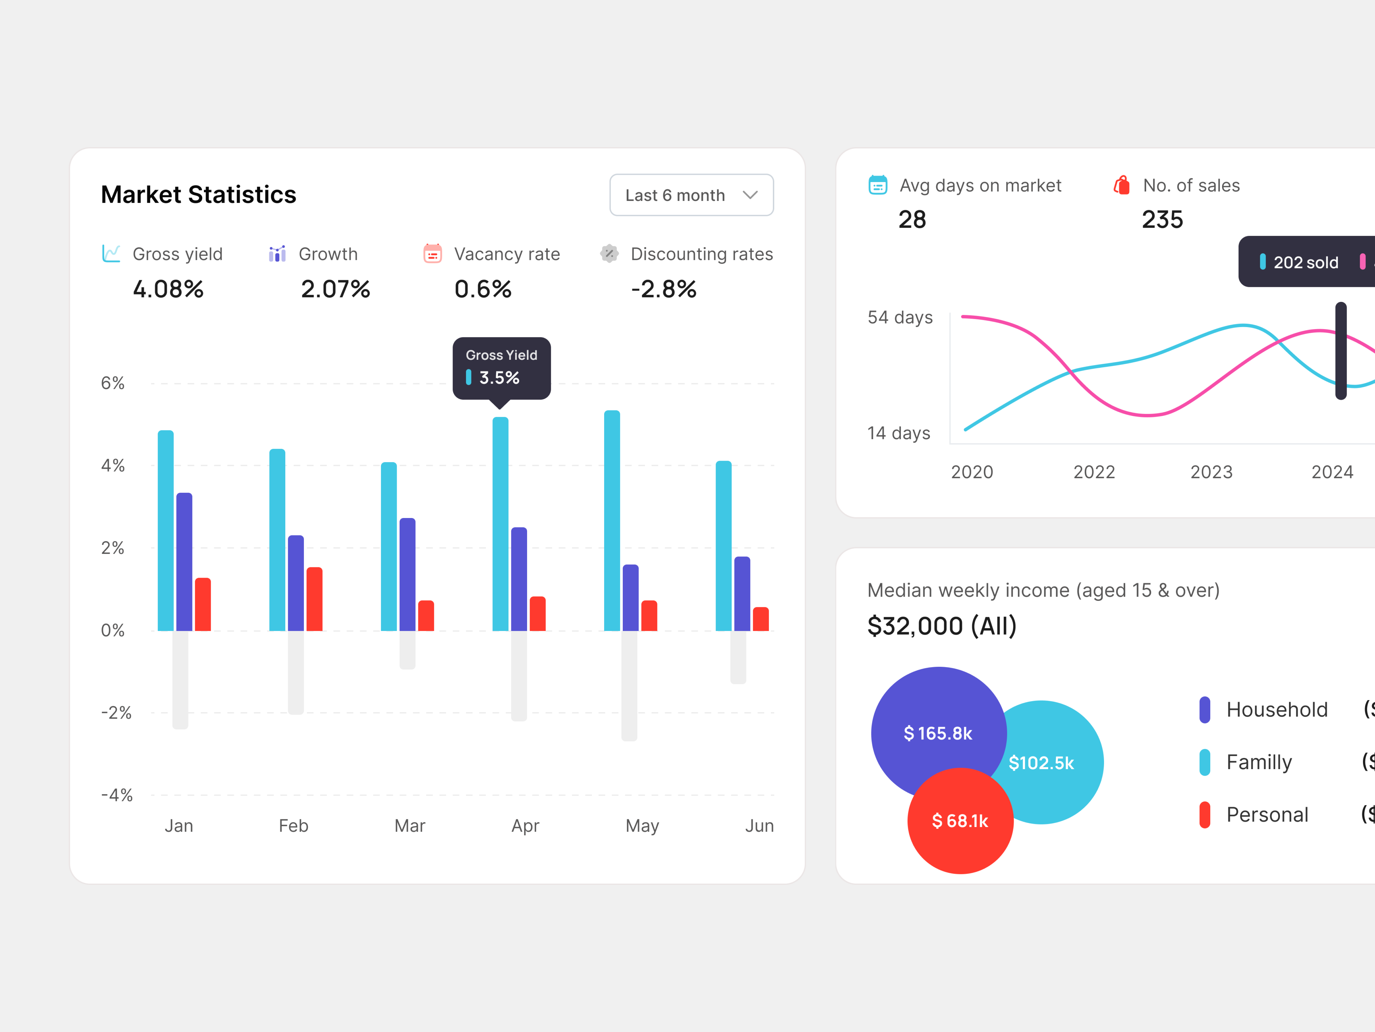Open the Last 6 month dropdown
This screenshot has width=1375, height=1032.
(691, 195)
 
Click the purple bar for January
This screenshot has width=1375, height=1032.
(184, 562)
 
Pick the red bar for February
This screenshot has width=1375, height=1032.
(315, 599)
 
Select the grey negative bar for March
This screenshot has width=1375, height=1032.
(407, 650)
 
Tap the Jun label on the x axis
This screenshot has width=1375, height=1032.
(759, 826)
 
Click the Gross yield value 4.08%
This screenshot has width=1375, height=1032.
(168, 289)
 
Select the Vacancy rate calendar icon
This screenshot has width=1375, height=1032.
(433, 254)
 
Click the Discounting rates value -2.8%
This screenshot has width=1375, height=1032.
(663, 289)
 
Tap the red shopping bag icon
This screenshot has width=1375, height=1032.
(1121, 185)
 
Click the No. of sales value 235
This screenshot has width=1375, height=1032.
(1162, 220)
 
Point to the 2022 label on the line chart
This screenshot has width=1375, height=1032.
(1094, 472)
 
